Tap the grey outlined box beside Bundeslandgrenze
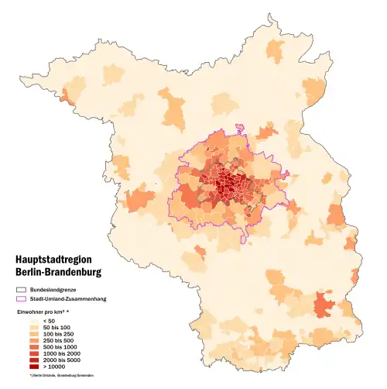click(x=22, y=288)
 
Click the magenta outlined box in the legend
click(x=22, y=298)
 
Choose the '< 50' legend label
click(x=50, y=321)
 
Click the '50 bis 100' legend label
click(x=56, y=329)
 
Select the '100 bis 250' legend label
click(x=57, y=336)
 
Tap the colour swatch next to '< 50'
click(x=34, y=321)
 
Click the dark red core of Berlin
click(x=227, y=184)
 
